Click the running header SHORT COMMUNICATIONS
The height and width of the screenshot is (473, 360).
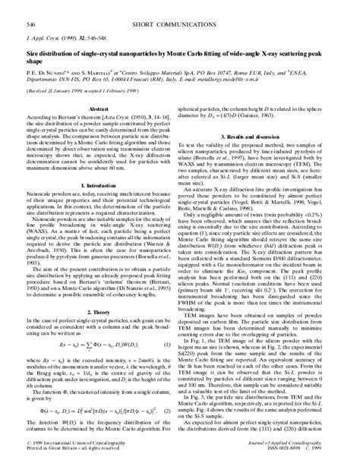(180, 6)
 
